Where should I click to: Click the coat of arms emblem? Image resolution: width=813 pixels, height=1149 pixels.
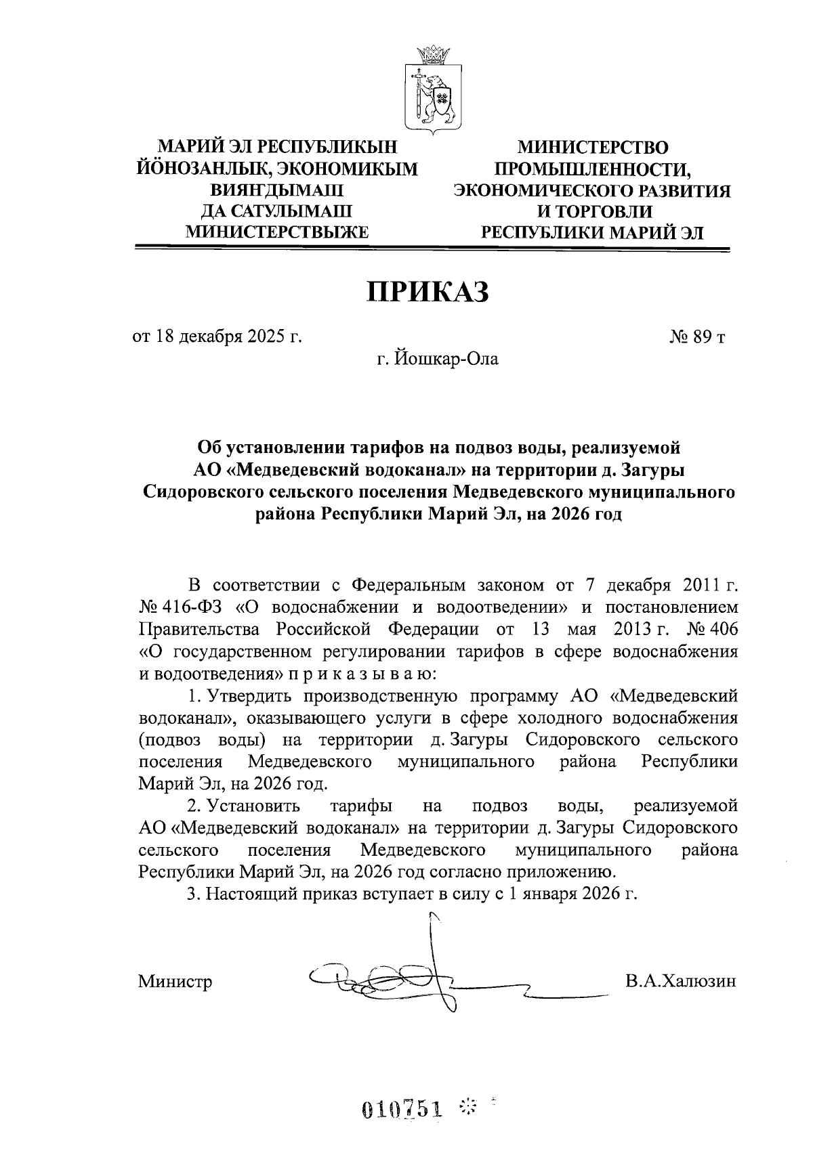[434, 88]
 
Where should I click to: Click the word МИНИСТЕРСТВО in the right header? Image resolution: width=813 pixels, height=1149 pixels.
[592, 147]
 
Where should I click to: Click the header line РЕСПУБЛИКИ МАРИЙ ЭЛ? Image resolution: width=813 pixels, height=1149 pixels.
[592, 234]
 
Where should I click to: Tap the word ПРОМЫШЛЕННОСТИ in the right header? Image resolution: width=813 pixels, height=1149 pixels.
[592, 169]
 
